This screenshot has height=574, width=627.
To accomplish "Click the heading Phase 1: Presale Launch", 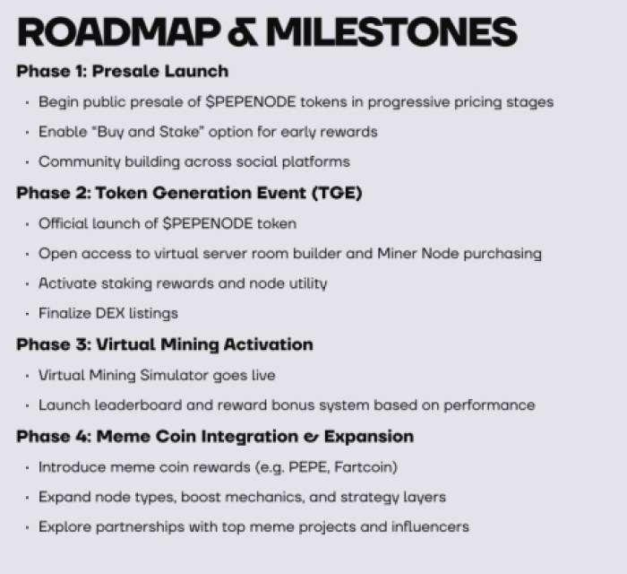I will point(122,71).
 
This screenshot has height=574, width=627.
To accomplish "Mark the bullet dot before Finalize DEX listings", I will point(28,315).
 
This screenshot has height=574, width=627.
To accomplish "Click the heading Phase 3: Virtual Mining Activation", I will point(164,344).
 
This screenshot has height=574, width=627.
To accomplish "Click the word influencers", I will point(425,526).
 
